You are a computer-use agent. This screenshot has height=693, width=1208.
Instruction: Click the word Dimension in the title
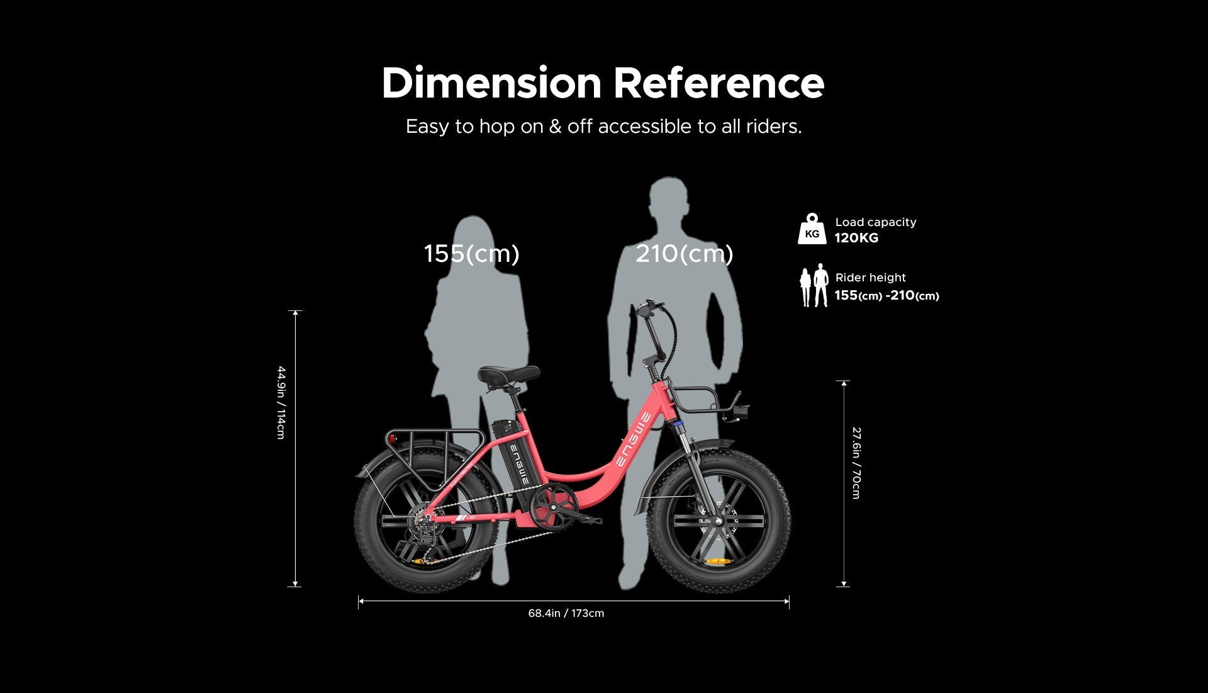point(491,83)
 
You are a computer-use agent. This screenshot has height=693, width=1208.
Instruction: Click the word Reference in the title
point(719,83)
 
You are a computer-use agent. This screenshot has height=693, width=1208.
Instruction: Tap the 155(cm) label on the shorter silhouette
point(471,254)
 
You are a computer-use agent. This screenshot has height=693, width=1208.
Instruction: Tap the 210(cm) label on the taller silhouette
point(684,254)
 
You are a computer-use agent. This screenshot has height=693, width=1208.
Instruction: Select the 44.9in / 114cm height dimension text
point(281,402)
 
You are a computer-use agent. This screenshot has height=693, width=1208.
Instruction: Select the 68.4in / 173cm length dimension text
point(566,613)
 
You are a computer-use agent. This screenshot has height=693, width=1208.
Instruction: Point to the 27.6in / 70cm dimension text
point(856,463)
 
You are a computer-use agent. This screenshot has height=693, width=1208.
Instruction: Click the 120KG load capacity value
point(856,238)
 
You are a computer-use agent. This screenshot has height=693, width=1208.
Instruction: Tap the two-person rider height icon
point(814,286)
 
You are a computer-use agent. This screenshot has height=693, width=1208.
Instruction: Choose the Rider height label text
point(870,278)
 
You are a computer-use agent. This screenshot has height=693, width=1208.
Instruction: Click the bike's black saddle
point(508,374)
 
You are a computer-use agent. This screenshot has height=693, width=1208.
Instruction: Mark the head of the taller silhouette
point(669,199)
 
